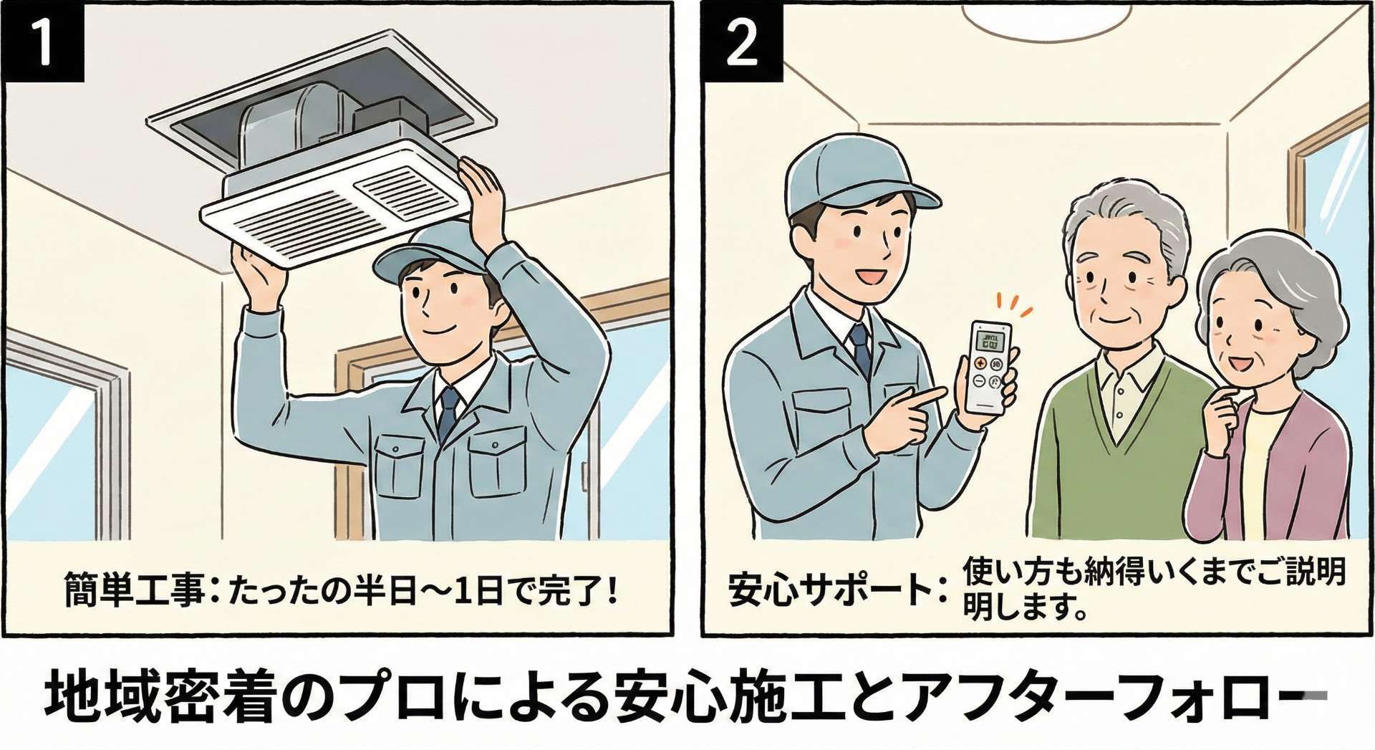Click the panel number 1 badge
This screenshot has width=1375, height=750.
pos(43,41)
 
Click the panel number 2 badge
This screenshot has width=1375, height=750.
pos(742,41)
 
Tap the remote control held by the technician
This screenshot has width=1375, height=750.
pos(989,367)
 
